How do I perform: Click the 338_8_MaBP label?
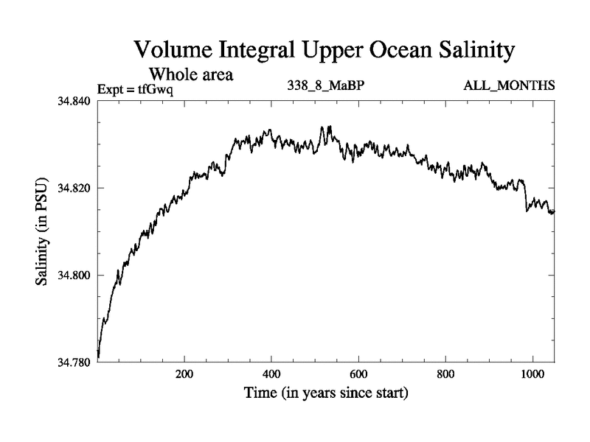326,86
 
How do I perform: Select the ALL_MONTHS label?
509,86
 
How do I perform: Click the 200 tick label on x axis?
184,374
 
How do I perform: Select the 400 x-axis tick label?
272,374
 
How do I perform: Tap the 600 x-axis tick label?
359,374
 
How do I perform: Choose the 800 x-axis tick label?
446,374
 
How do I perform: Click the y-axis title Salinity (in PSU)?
43,231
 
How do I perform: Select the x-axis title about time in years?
326,393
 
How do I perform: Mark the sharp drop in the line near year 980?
525,197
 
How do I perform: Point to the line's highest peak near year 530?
329,127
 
